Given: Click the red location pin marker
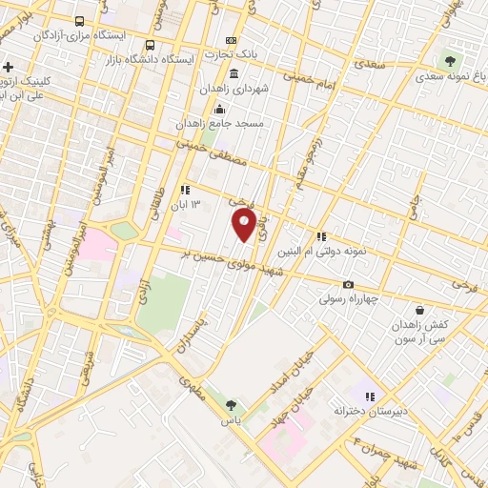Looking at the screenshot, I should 244,225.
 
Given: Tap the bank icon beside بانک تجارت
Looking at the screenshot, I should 230,41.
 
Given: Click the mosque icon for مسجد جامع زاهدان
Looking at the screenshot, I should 221,108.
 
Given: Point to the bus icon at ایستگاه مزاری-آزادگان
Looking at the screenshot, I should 78,20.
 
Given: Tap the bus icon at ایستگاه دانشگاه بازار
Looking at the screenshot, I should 150,45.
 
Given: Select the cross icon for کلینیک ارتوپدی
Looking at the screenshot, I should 9,67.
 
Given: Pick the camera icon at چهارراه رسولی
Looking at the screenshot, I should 348,284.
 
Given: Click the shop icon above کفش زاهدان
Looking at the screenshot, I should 420,310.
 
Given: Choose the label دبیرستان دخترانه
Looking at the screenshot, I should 370,410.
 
